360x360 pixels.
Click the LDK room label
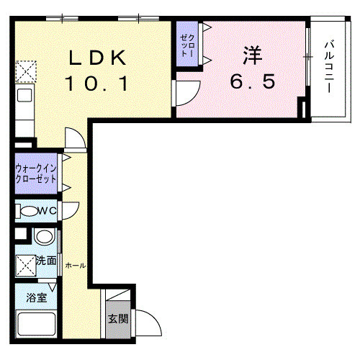[98, 58]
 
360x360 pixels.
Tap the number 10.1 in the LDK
[96, 83]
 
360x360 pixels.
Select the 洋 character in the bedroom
[253, 55]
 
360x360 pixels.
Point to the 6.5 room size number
[253, 81]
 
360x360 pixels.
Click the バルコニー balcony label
[330, 67]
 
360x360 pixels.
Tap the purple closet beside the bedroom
[187, 44]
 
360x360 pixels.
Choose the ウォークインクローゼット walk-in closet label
[35, 174]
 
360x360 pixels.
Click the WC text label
[48, 211]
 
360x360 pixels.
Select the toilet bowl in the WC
[30, 211]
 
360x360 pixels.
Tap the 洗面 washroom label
[46, 261]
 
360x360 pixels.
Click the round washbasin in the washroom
[43, 237]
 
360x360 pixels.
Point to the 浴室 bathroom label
[37, 298]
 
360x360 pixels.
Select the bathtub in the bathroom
[36, 323]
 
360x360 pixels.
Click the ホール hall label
[76, 266]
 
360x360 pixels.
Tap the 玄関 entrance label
[118, 319]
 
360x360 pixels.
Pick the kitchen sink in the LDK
[24, 95]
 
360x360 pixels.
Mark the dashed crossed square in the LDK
[26, 71]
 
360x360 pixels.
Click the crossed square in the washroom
[26, 266]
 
